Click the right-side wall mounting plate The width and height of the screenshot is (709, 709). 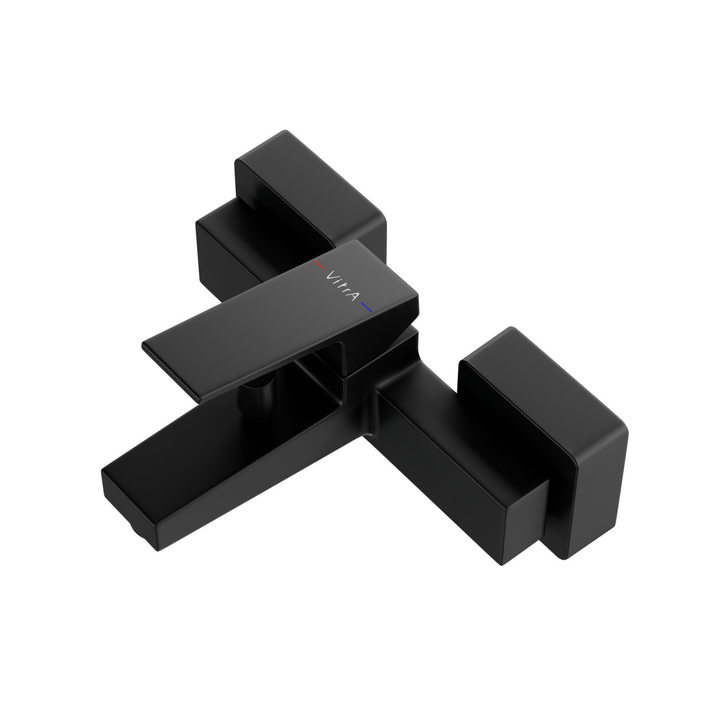coord(567,437)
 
